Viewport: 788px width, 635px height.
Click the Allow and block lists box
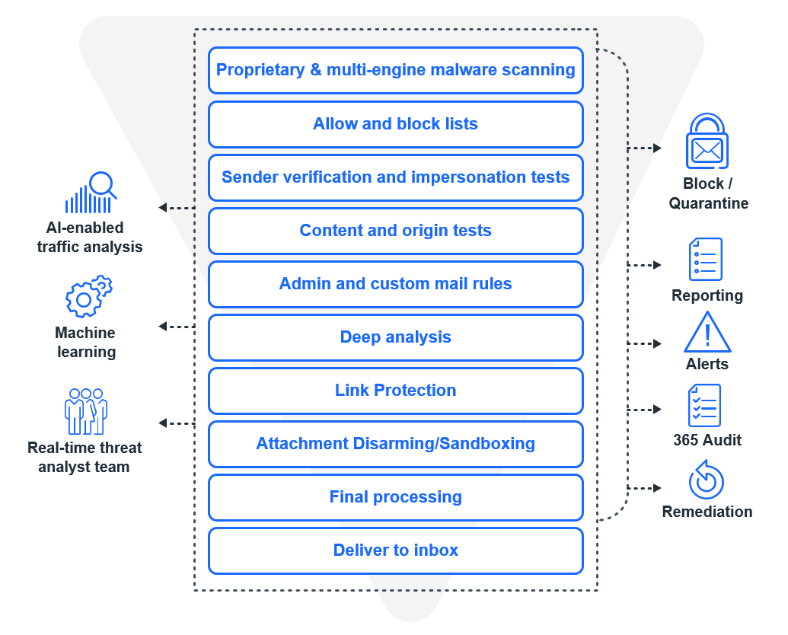point(395,124)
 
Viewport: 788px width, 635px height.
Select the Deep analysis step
point(395,337)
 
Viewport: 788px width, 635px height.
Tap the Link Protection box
point(395,391)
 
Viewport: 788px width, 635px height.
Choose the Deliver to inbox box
point(395,550)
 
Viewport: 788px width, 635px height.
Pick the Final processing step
point(395,497)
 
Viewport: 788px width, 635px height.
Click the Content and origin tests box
point(395,231)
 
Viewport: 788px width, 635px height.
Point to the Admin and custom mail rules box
point(395,284)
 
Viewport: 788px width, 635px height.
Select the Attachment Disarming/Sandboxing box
point(395,444)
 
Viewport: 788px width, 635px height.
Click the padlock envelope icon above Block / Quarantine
point(707,142)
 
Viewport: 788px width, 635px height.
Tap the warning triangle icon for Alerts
point(707,333)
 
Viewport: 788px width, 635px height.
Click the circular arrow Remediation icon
point(706,480)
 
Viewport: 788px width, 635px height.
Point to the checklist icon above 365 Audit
point(704,406)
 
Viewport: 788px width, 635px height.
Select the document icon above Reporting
point(705,260)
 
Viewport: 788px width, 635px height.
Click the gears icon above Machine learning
point(88,297)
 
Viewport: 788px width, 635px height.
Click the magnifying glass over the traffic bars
point(101,185)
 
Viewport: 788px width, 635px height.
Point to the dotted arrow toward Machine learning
point(177,327)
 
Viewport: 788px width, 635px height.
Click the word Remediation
point(707,512)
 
